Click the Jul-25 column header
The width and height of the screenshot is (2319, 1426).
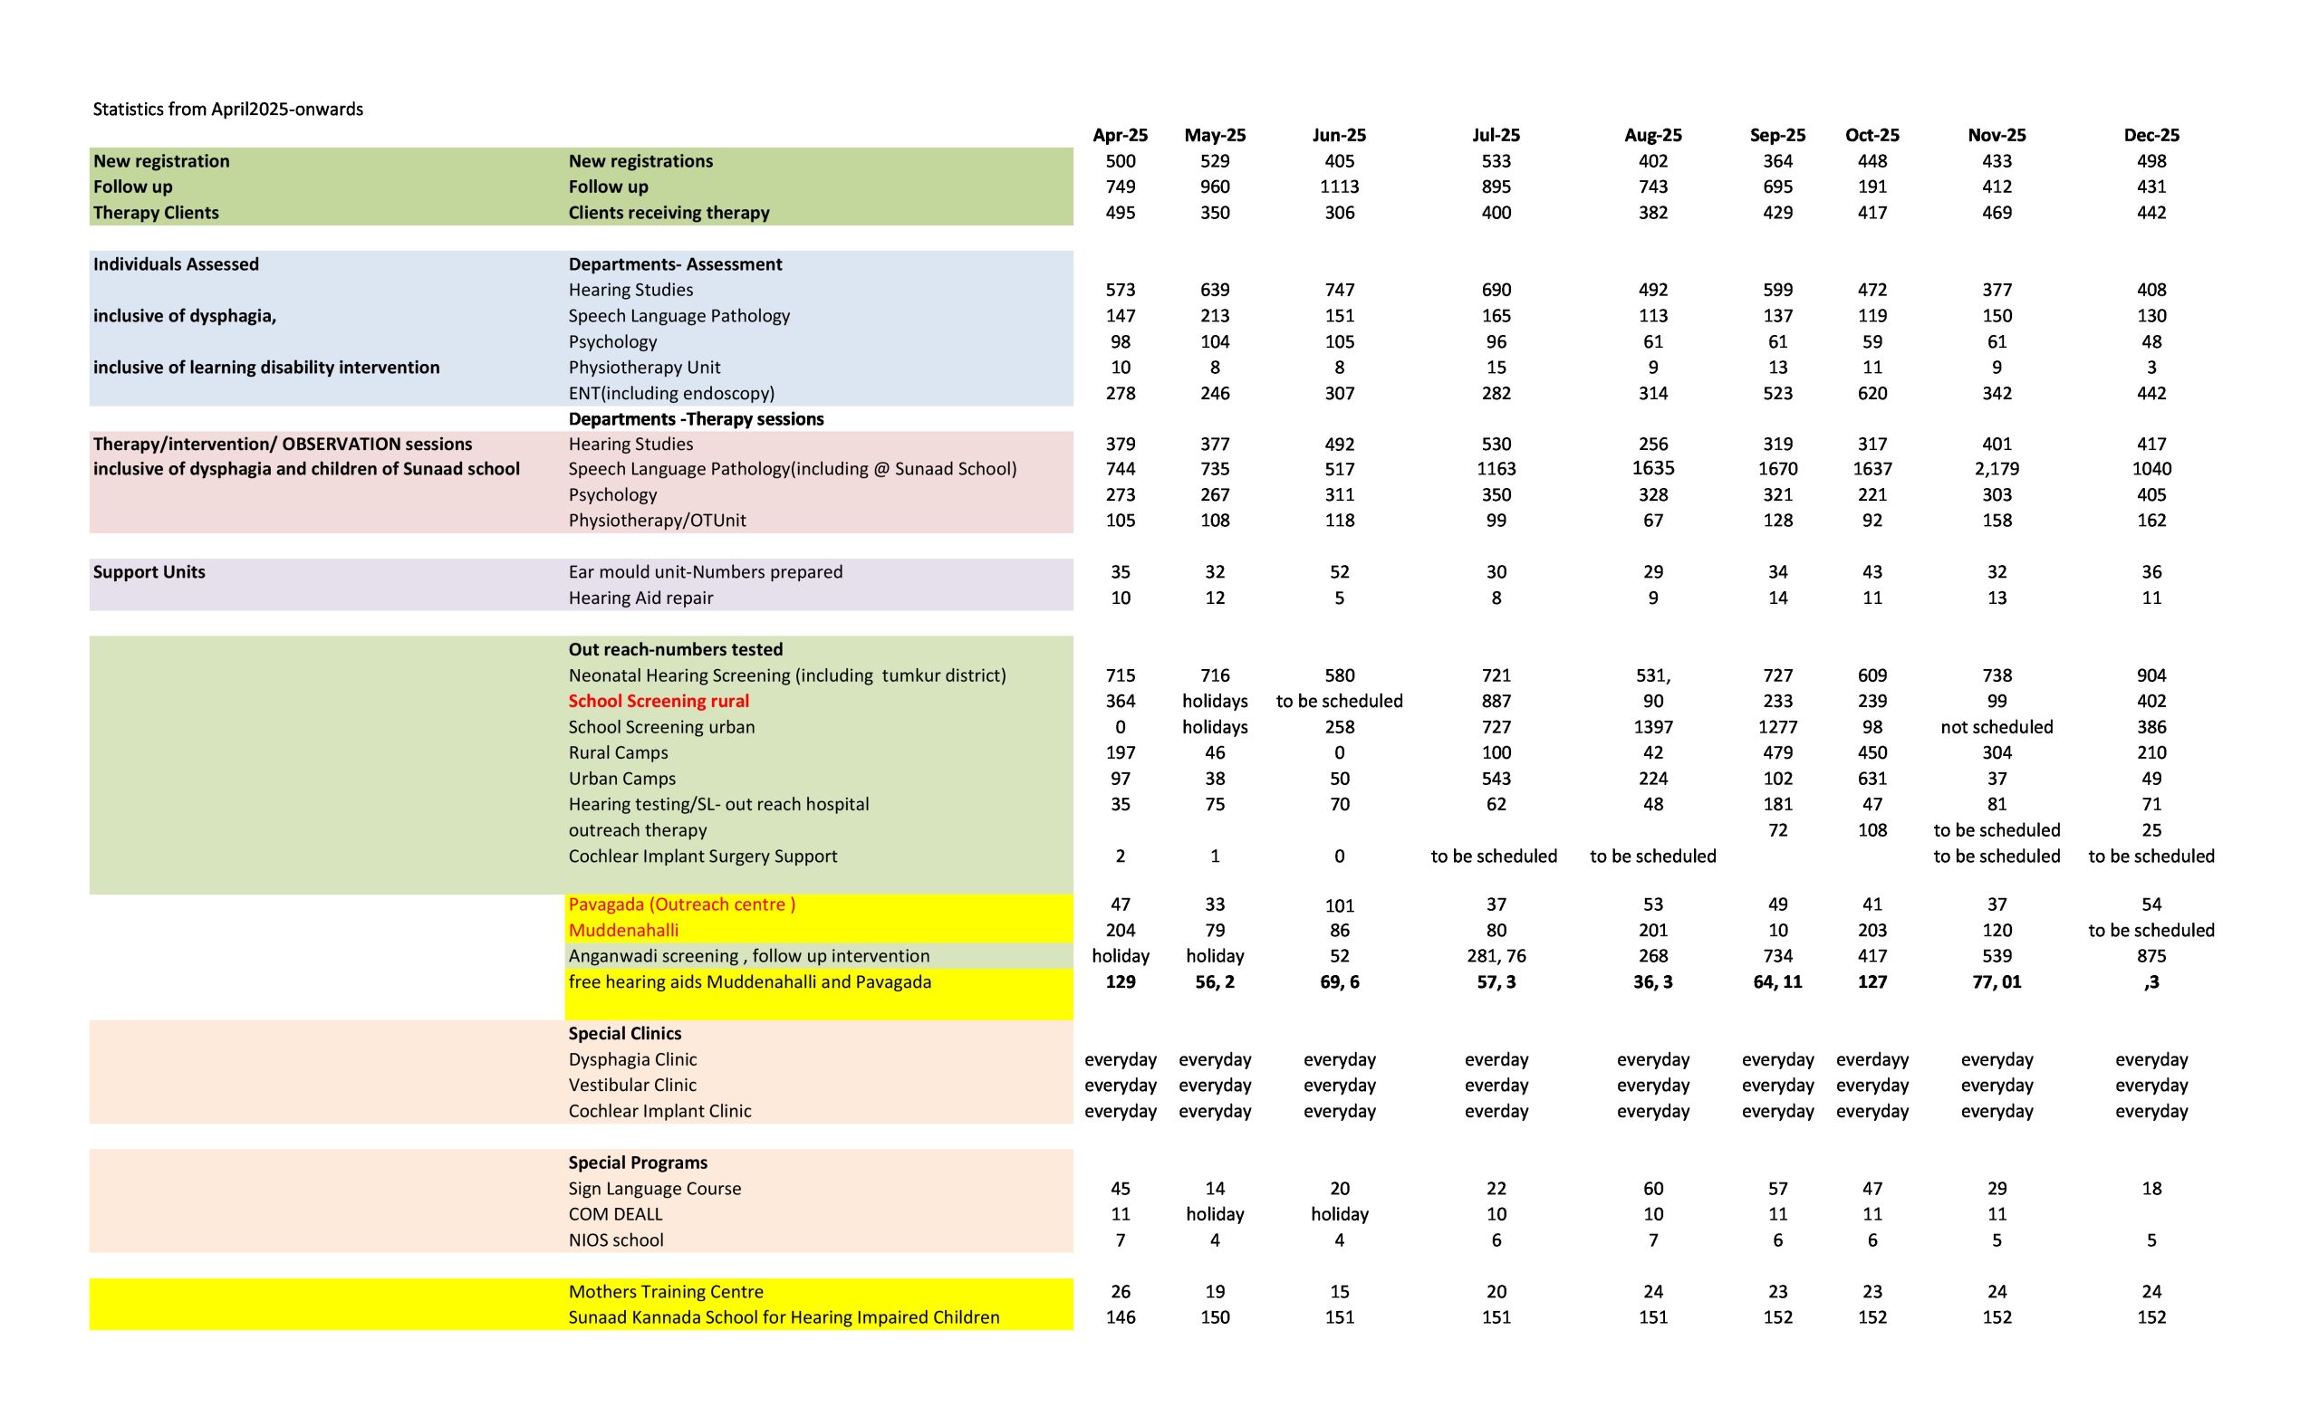point(1496,135)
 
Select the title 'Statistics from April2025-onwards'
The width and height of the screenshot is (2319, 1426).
point(227,110)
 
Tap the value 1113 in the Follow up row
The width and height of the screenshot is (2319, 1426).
point(1339,187)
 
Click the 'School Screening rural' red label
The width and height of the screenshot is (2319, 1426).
point(659,701)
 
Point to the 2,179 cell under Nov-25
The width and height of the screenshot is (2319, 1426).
point(1997,469)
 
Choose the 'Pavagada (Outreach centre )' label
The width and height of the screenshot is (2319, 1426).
point(681,904)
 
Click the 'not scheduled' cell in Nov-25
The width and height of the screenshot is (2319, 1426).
point(1997,727)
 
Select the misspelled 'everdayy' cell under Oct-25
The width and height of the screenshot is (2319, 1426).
point(1872,1059)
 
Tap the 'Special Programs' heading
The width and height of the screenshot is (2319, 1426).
point(637,1163)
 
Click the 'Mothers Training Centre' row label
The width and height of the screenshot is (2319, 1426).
point(665,1292)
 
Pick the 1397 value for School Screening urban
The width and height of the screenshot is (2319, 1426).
point(1653,727)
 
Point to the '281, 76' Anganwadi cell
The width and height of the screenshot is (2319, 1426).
point(1496,956)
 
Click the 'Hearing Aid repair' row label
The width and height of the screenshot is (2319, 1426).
point(640,598)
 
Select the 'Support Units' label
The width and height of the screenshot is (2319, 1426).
point(149,572)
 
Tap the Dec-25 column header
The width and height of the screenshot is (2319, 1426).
point(2151,135)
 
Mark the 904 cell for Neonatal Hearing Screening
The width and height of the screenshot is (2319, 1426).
point(2151,675)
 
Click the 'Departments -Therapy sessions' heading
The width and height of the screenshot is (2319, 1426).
point(696,418)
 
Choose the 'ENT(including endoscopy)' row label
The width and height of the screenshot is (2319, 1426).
point(671,393)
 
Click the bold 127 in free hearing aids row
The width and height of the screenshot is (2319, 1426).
point(1872,981)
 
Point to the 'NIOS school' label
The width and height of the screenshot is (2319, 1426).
point(615,1240)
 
